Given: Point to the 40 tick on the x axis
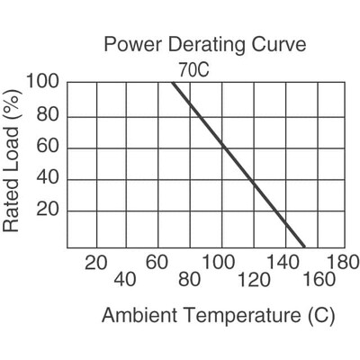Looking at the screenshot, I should pyautogui.click(x=126, y=280).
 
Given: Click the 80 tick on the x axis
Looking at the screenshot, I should pyautogui.click(x=189, y=280).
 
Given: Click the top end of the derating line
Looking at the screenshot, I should pyautogui.click(x=174, y=84).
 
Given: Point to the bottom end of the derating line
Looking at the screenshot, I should pyautogui.click(x=303, y=246).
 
